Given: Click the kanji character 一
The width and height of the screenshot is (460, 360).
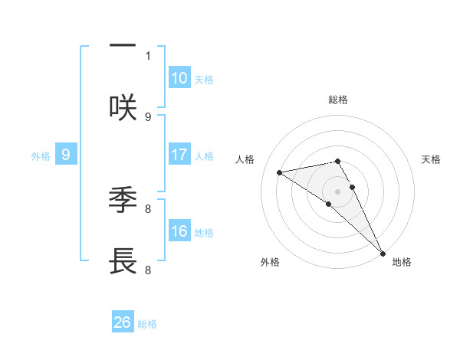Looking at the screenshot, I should [123, 46].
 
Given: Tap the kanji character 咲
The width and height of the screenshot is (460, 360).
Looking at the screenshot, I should [123, 108].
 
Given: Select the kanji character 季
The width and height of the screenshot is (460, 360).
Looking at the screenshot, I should [123, 201].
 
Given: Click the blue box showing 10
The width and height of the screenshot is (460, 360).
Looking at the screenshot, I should [179, 77].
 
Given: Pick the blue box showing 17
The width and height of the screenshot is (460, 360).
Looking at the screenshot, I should [179, 155].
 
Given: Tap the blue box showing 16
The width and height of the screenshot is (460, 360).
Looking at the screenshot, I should [179, 231].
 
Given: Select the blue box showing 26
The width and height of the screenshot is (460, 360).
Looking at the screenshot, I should [123, 322].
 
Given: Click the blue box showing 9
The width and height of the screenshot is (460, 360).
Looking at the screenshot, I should [66, 155].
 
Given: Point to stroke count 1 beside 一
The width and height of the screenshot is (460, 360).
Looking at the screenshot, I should [148, 55].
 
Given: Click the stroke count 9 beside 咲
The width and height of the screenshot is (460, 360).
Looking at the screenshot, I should [148, 116].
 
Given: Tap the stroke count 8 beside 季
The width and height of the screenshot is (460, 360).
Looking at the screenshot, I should [148, 208].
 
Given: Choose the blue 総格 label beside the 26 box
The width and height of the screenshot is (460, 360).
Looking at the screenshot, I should [147, 324].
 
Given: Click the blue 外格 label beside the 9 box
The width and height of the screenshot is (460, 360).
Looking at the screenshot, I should [41, 156].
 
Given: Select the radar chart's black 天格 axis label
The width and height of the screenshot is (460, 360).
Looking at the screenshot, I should [431, 159].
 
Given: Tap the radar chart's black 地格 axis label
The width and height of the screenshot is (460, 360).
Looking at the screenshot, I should [402, 262].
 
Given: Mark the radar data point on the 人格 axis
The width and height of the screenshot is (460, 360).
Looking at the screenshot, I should [280, 172].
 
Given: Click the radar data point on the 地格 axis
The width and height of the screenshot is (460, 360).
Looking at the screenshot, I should [383, 253].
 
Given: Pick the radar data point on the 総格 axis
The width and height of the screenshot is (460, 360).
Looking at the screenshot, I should [337, 161].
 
